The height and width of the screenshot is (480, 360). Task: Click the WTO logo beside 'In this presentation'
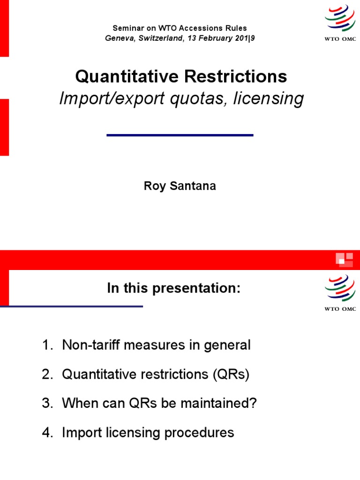340,292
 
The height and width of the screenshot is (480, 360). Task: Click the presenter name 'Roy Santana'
180,187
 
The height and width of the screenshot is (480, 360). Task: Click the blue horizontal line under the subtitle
180,135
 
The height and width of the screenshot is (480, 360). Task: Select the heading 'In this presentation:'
173,289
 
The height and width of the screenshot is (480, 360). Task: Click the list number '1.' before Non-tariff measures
48,345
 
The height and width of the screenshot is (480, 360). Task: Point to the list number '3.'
48,404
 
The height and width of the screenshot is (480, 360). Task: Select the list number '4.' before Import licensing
48,432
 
